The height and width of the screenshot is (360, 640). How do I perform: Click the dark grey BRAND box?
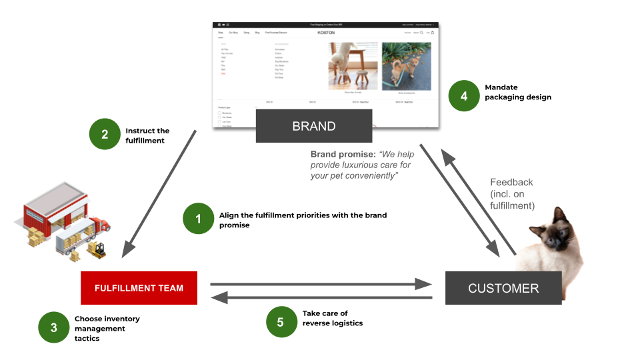[x=314, y=126]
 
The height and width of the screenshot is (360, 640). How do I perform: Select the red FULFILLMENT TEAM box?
[x=139, y=288]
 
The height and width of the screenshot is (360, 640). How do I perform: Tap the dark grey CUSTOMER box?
[x=503, y=288]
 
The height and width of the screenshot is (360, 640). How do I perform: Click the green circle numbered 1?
[x=197, y=219]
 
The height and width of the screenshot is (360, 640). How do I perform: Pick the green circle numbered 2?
[x=105, y=135]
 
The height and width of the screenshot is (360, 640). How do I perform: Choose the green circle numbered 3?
[x=53, y=327]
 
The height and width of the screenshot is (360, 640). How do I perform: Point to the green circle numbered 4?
[x=464, y=97]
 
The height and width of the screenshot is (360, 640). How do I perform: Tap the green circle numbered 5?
[x=280, y=322]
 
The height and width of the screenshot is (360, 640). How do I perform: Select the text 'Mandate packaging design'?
[x=518, y=92]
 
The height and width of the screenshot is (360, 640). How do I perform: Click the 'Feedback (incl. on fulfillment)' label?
[x=512, y=194]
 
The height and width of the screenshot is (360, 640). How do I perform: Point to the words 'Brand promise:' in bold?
[x=343, y=154]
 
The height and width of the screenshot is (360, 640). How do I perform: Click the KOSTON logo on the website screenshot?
[x=326, y=32]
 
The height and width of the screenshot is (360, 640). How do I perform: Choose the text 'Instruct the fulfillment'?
[x=147, y=135]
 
